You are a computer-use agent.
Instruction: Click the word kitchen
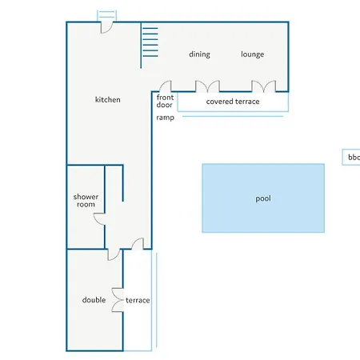click(x=108, y=99)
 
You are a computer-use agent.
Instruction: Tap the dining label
click(x=199, y=54)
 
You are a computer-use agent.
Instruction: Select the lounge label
click(x=253, y=54)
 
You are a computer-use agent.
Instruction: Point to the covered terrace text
click(x=233, y=102)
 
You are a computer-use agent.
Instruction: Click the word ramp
click(x=166, y=118)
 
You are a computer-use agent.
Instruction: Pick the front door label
click(x=165, y=101)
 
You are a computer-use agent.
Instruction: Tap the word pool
click(x=263, y=198)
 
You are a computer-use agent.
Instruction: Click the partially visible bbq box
click(x=351, y=157)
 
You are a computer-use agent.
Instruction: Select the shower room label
click(x=86, y=201)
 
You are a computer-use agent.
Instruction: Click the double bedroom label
click(x=94, y=300)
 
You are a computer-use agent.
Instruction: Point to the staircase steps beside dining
click(x=150, y=42)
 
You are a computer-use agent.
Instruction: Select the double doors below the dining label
click(x=207, y=86)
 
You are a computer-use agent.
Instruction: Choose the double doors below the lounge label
click(x=264, y=86)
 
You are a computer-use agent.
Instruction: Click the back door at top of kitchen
click(x=106, y=27)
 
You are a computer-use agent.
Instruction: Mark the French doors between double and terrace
click(x=118, y=300)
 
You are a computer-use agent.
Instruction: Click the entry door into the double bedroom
click(x=114, y=254)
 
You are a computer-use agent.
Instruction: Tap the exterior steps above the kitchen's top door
click(x=106, y=15)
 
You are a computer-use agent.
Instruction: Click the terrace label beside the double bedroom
click(x=138, y=300)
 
